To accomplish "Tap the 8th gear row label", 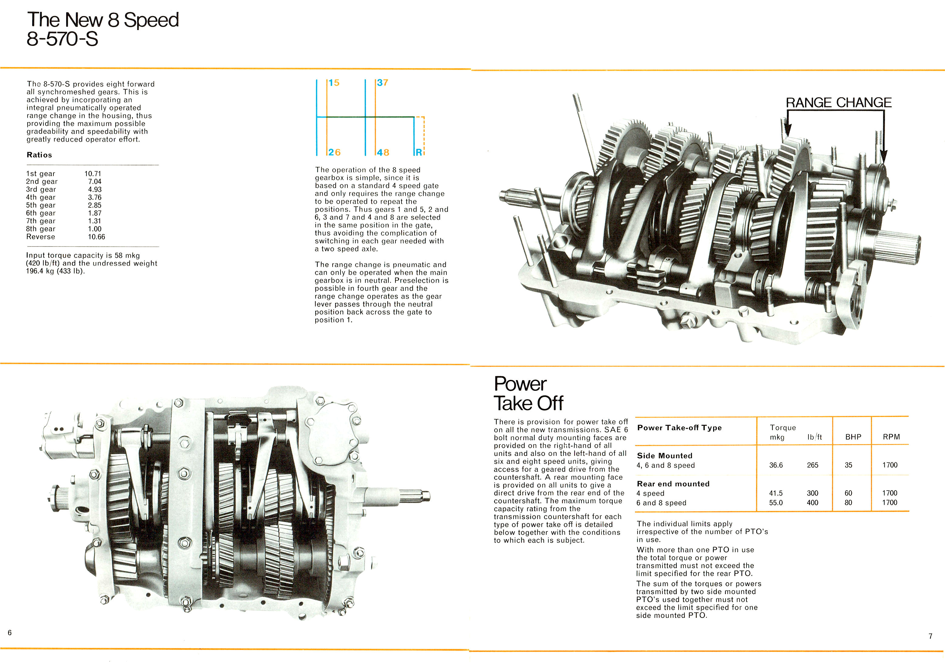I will pos(40,229).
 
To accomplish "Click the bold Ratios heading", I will pos(39,155).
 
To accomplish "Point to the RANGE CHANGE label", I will pos(838,102).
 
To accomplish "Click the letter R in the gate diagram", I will pos(418,152).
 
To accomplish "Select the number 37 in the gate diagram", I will pos(382,83).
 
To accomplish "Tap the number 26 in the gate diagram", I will pos(334,152).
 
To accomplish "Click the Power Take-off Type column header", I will pos(679,428).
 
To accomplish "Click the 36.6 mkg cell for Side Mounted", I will pos(776,465).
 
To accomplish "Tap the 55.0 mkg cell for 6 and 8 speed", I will pos(776,502).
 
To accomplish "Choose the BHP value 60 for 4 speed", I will pos(848,493).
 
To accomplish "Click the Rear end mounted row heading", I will pos(673,484).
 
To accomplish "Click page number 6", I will pos(10,632).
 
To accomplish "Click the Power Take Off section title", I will pos(528,394).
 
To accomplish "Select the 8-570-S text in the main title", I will pos(62,39).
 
